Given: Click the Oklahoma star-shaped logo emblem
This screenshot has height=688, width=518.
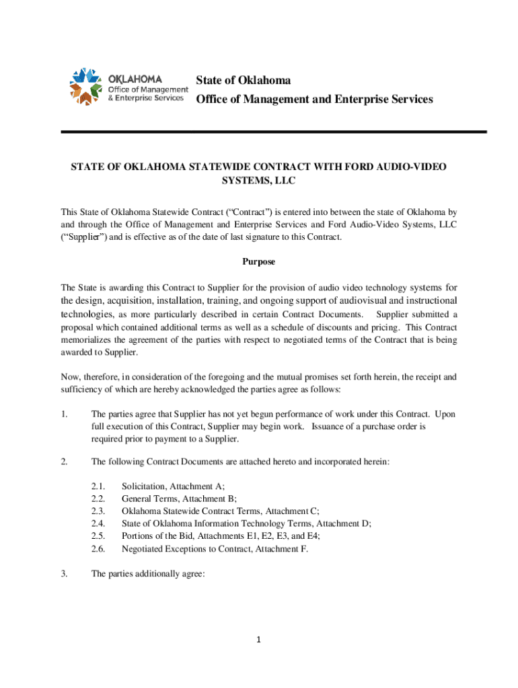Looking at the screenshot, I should (81, 86).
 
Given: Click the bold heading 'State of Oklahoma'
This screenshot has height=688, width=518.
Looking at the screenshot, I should (244, 81).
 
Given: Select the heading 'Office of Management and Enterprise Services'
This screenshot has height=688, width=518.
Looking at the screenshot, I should (314, 99).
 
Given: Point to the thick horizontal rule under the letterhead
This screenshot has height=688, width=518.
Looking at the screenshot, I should (273, 132).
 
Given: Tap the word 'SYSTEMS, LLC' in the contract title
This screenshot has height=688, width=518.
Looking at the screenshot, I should (259, 181).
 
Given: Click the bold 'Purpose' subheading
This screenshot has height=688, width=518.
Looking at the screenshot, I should (259, 261).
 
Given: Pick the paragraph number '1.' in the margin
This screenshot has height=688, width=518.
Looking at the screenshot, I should (65, 415).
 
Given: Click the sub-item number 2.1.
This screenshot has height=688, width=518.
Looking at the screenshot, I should (98, 486).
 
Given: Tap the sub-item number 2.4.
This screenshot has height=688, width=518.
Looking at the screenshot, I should (98, 523).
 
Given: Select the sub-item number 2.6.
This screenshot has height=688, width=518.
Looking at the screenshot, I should (98, 549).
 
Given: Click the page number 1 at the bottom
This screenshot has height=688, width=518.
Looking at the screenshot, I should (259, 639).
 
